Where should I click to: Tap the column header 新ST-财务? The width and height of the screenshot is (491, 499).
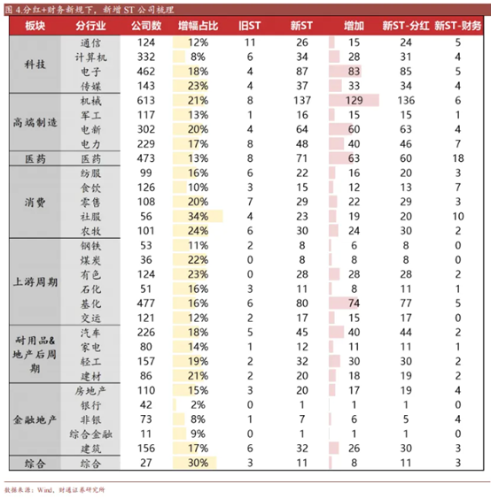pyautogui.click(x=457, y=27)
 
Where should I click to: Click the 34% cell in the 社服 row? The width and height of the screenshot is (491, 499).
pyautogui.click(x=198, y=215)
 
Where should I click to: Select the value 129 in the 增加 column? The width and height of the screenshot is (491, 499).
pyautogui.click(x=354, y=102)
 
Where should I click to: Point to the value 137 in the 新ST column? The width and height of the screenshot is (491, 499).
pyautogui.click(x=300, y=102)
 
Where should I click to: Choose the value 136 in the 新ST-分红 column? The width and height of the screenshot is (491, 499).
pyautogui.click(x=406, y=102)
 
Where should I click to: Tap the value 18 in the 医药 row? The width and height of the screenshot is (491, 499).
pyautogui.click(x=457, y=157)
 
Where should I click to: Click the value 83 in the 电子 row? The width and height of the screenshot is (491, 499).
pyautogui.click(x=355, y=70)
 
